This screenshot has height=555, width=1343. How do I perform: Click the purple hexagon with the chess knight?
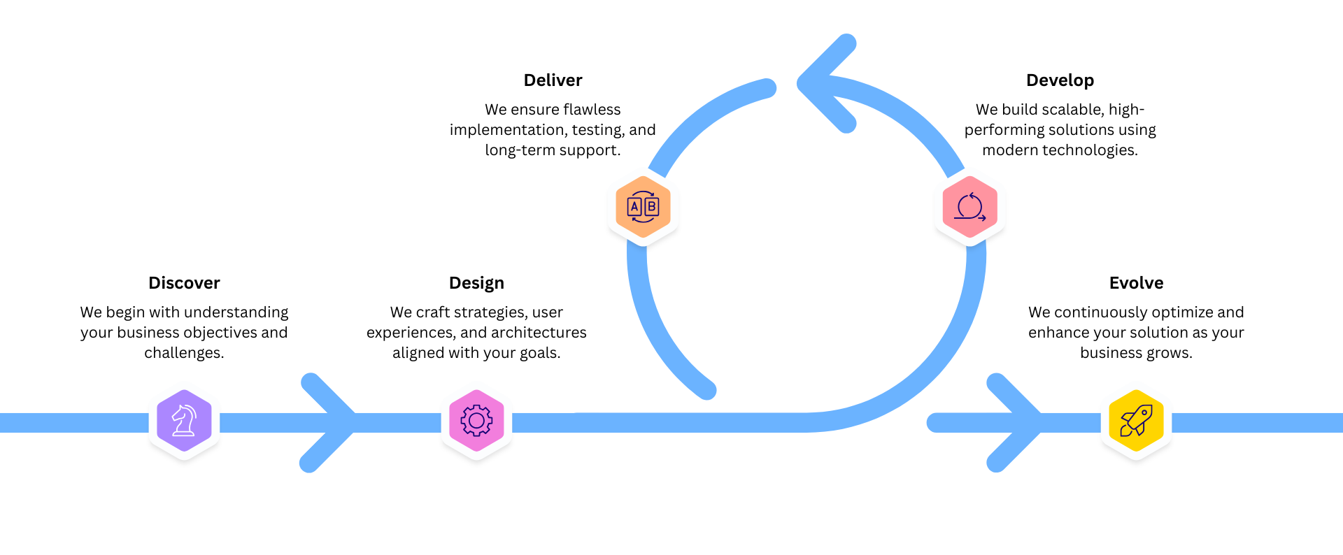184,421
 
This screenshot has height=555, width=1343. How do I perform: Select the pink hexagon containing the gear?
476,421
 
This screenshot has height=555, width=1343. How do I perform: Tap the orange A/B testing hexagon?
643,207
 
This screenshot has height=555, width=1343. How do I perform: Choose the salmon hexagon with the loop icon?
969,207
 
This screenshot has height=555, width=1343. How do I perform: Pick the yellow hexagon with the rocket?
1136,421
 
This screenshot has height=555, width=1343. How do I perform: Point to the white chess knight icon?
184,421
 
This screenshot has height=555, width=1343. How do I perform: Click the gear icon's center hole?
476,421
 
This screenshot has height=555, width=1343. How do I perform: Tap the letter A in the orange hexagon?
634,207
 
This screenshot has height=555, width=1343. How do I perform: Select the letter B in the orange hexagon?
651,207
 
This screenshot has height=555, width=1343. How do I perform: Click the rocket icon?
1136,421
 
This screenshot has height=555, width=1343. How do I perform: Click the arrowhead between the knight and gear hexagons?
343,422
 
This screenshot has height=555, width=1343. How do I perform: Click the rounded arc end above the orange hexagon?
767,88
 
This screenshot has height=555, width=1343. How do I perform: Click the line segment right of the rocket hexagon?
1259,422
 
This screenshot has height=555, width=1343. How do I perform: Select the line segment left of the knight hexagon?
70,422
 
